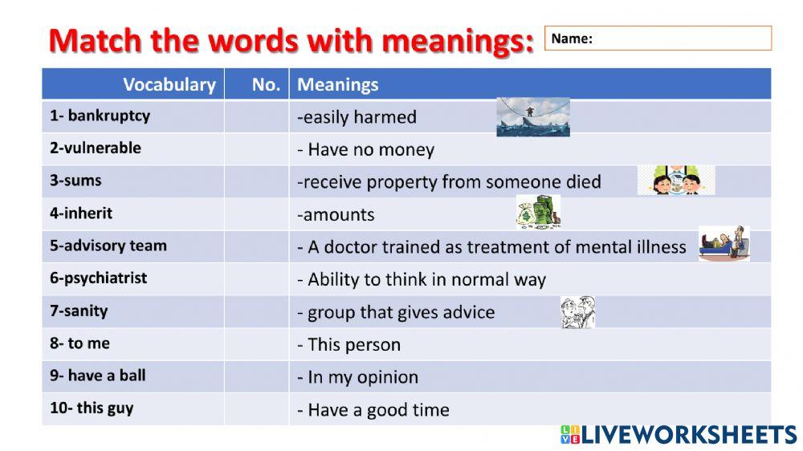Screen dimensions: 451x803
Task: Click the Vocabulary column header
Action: point(169,84)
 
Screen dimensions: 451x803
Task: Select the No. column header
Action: point(265,84)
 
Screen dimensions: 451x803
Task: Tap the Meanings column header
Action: point(338,84)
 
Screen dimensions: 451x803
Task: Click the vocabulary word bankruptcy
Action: point(108,116)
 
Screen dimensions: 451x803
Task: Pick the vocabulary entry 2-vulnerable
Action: point(95,148)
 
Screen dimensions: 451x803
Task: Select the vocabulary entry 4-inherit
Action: point(81,213)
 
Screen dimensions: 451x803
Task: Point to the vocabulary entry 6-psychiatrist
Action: point(98,278)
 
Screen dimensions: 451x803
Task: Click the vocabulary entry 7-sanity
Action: point(79,311)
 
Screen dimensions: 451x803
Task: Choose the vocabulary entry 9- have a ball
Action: point(97,376)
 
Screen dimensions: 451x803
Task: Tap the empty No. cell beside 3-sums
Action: point(256,181)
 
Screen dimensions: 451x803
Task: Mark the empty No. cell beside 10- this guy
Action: point(256,408)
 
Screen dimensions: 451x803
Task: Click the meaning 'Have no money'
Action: point(370,149)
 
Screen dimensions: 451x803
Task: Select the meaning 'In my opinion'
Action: point(362,377)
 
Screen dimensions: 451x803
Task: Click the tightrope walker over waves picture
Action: point(532,116)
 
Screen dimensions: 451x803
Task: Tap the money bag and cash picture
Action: point(537,213)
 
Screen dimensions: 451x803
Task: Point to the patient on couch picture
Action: point(724,244)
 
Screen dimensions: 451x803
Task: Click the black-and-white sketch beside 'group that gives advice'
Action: point(577,312)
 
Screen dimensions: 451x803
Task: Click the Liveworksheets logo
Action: point(678,435)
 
